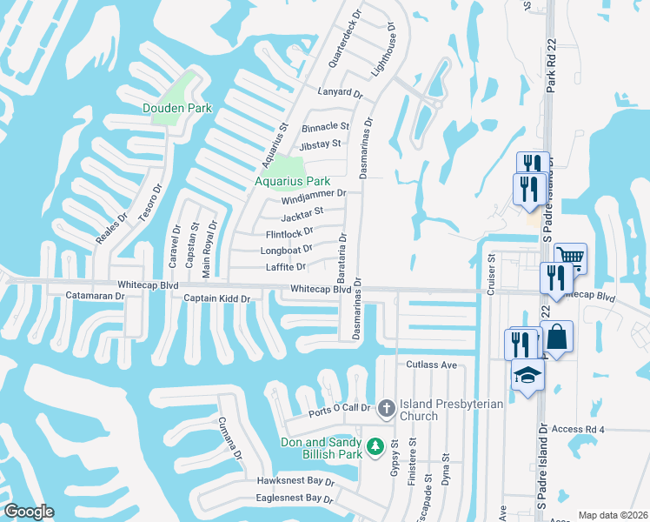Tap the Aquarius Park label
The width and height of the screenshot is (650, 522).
click(287, 181)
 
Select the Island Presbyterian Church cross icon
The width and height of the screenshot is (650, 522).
click(387, 406)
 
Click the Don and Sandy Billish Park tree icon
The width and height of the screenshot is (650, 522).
click(375, 446)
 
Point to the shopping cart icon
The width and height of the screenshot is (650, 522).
click(570, 257)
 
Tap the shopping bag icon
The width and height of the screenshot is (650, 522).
click(556, 336)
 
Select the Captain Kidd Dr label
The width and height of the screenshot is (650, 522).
click(216, 298)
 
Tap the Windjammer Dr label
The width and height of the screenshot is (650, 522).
click(314, 196)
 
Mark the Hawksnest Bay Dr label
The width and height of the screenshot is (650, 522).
click(295, 480)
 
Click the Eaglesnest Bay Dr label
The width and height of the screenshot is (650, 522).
click(295, 499)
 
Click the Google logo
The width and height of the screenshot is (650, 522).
click(29, 512)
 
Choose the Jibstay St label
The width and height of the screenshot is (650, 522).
click(322, 143)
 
